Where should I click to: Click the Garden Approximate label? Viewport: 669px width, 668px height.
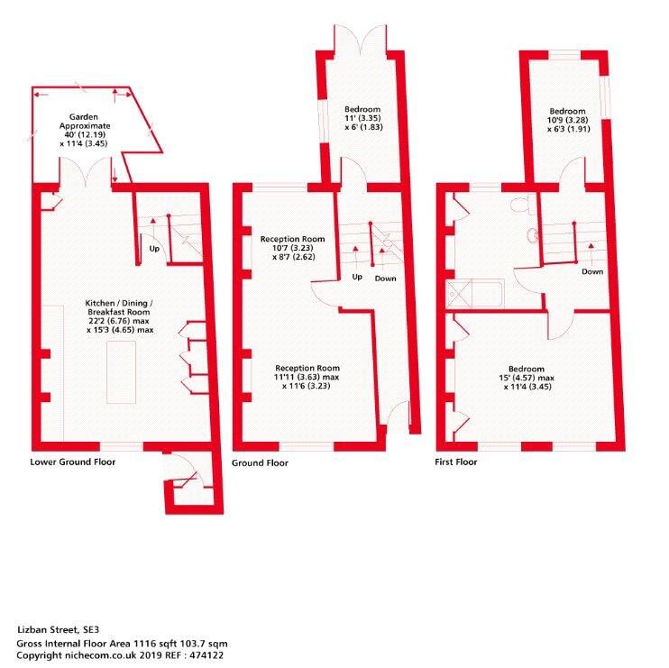[x=84, y=130]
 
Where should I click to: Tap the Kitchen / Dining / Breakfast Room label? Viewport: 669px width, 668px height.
[x=119, y=316]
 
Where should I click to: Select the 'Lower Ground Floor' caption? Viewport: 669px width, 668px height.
[x=72, y=462]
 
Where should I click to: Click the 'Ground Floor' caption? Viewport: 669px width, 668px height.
[x=260, y=462]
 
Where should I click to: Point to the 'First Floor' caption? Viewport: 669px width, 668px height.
[x=455, y=462]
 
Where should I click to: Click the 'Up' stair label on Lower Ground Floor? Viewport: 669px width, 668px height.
[x=154, y=248]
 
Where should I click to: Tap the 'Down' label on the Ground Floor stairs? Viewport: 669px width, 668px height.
[x=385, y=279]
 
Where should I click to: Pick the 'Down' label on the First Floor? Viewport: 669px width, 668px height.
[x=592, y=271]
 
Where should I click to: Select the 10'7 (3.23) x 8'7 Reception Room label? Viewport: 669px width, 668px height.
[x=293, y=248]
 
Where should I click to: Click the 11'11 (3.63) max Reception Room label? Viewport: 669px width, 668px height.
[x=307, y=377]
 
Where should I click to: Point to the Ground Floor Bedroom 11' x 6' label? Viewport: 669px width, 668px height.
[x=362, y=118]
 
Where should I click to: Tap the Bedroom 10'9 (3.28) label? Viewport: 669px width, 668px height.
[x=567, y=120]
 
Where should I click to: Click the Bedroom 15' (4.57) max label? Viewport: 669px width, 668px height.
[x=527, y=378]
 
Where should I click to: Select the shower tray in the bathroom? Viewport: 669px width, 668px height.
[x=459, y=293]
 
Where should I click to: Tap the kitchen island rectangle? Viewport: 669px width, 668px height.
[x=121, y=372]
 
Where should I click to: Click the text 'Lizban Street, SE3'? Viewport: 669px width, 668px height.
[x=58, y=629]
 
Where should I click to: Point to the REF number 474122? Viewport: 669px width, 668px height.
[x=206, y=655]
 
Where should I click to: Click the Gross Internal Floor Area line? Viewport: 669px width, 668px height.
[x=122, y=644]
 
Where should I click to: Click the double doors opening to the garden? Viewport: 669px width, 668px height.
[x=86, y=172]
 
